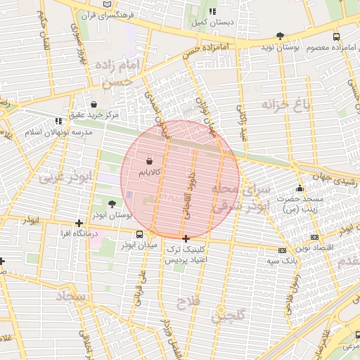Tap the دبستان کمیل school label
(x=213, y=22)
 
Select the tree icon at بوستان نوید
(x=281, y=35)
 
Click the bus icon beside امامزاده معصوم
(x=336, y=36)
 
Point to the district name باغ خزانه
(x=286, y=105)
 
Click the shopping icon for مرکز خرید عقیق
(x=94, y=104)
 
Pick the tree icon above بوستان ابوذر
(x=112, y=204)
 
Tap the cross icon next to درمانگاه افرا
(x=79, y=223)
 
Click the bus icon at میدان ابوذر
(x=139, y=234)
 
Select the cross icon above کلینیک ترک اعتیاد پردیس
(x=186, y=239)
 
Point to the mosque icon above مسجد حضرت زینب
(x=300, y=188)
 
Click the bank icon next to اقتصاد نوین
(x=314, y=238)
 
